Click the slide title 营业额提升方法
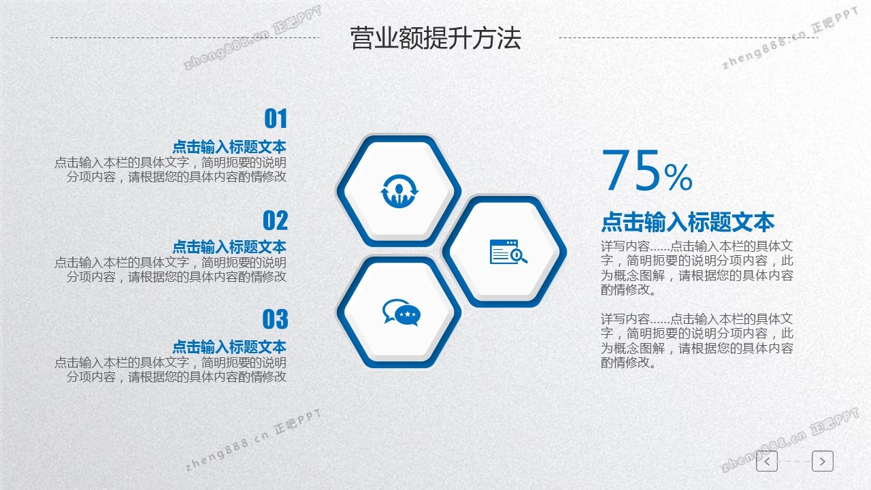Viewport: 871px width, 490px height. pyautogui.click(x=435, y=38)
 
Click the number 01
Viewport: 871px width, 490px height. pyautogui.click(x=276, y=118)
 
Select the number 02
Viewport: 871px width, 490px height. pyautogui.click(x=276, y=220)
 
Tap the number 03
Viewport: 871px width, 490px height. pyautogui.click(x=276, y=319)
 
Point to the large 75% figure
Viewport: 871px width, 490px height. pyautogui.click(x=647, y=170)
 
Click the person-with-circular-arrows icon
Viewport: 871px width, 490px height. pyautogui.click(x=399, y=191)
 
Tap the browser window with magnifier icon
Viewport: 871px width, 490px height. pyautogui.click(x=508, y=252)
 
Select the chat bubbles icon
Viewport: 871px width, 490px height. pyautogui.click(x=401, y=312)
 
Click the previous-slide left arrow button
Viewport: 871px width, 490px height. pyautogui.click(x=767, y=461)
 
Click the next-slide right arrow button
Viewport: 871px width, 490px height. pyautogui.click(x=823, y=461)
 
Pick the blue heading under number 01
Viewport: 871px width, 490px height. pyautogui.click(x=229, y=147)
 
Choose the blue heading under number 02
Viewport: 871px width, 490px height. pyautogui.click(x=229, y=247)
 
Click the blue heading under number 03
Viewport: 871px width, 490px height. pyautogui.click(x=229, y=346)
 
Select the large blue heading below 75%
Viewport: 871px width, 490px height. pyautogui.click(x=688, y=222)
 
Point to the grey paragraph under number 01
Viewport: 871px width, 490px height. pyautogui.click(x=170, y=169)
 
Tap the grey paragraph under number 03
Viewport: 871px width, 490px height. pyautogui.click(x=170, y=370)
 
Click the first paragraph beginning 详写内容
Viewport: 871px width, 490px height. pyautogui.click(x=697, y=268)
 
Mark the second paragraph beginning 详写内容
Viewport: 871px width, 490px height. pyautogui.click(x=697, y=341)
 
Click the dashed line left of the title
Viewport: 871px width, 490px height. pyautogui.click(x=185, y=37)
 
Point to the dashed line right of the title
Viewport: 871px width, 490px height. pyautogui.click(x=689, y=37)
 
